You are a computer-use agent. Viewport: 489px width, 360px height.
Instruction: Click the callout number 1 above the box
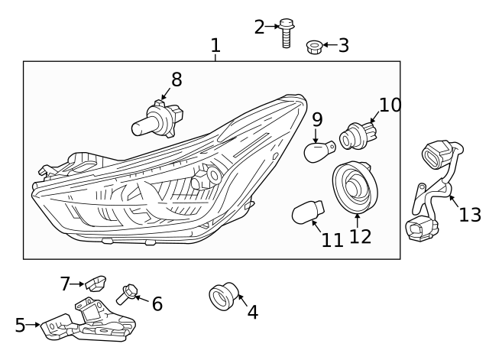(x=215, y=46)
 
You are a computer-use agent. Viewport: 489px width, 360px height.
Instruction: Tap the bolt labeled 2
(x=287, y=34)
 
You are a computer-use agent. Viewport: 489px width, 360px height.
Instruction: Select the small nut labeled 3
(x=313, y=47)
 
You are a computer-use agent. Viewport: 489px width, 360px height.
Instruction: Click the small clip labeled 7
(x=95, y=284)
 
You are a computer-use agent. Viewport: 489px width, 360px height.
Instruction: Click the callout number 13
(x=470, y=215)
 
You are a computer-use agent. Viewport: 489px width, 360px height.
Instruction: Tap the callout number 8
(x=176, y=79)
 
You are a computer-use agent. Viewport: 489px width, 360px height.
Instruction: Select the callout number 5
(x=20, y=326)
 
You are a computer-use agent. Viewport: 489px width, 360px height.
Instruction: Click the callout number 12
(x=360, y=236)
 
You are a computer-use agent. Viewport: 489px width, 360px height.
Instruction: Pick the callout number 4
(x=252, y=312)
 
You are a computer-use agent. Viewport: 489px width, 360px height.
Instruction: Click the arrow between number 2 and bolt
(x=272, y=27)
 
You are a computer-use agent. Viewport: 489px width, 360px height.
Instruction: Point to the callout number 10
(x=390, y=105)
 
